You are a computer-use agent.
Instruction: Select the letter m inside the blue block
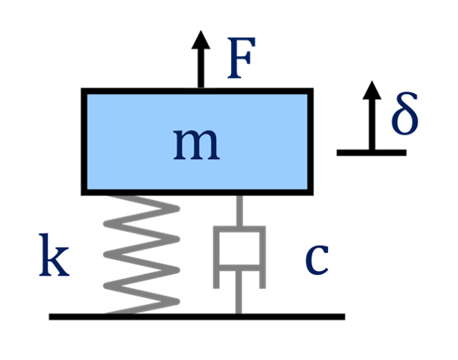tap(195, 143)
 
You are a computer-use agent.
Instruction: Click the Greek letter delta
tap(404, 114)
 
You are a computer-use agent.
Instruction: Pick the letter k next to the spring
tap(54, 254)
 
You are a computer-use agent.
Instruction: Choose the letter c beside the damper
tap(316, 254)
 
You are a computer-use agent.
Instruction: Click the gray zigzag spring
tap(142, 252)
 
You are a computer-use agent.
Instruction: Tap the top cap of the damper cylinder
tap(239, 229)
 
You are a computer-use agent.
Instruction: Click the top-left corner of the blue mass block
tap(88, 95)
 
